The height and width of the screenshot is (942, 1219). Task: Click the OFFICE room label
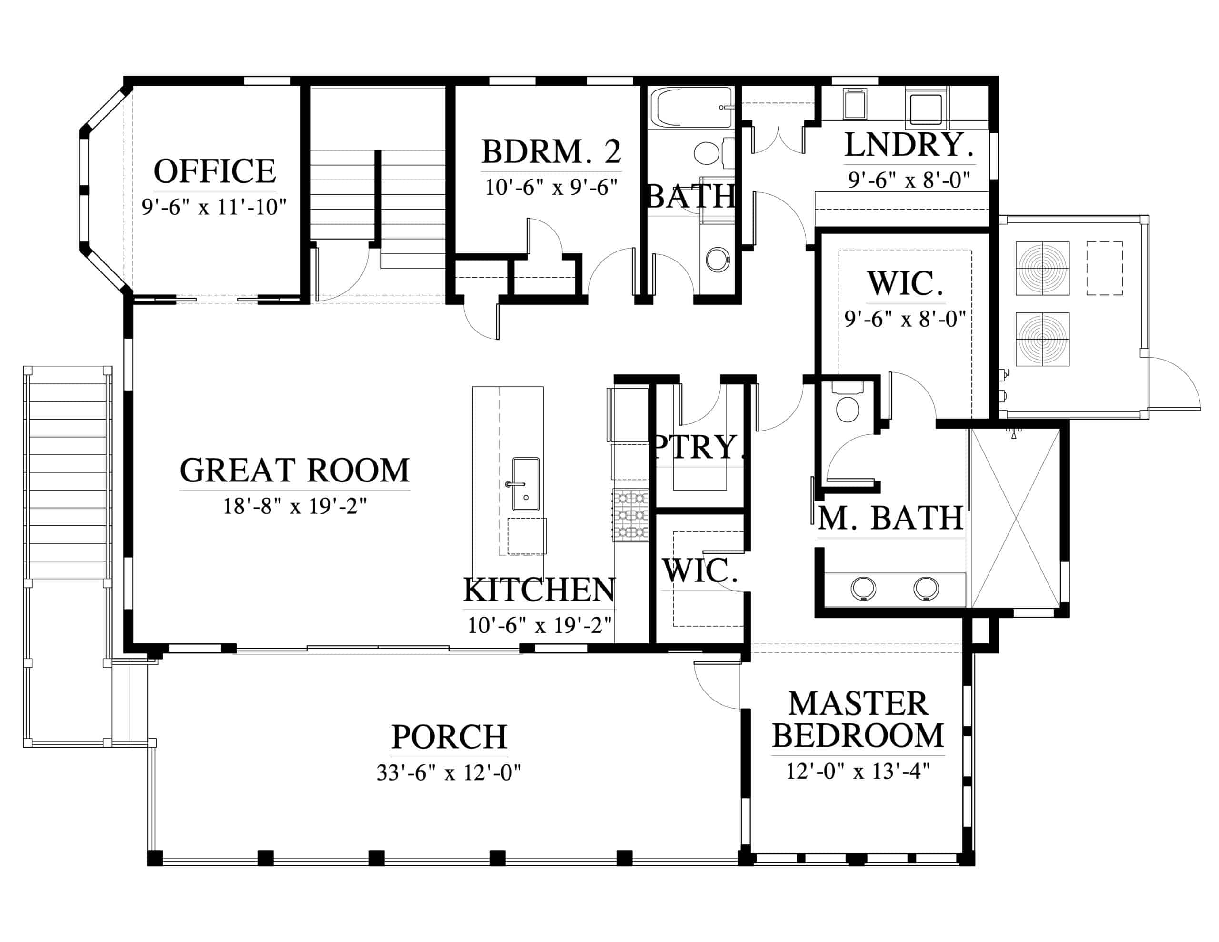[x=215, y=171]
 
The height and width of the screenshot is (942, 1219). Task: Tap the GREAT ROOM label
[x=295, y=470]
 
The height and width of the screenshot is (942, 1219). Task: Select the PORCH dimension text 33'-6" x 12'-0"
[x=449, y=773]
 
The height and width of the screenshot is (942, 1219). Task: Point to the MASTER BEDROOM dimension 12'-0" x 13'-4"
[x=858, y=771]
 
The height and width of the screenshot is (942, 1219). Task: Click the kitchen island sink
[x=526, y=484]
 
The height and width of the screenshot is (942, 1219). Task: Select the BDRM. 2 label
[x=551, y=151]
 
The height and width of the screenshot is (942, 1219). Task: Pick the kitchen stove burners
[x=631, y=515]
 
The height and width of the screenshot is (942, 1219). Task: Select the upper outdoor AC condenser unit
[x=1042, y=268]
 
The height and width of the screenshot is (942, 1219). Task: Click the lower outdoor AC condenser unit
[x=1042, y=339]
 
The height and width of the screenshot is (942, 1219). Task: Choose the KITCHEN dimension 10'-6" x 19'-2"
[x=539, y=625]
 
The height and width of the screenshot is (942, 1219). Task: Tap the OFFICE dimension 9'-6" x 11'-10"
[x=214, y=207]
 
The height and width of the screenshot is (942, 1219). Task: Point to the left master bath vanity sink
[x=863, y=588]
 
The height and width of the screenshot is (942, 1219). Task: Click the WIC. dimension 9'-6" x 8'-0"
[x=905, y=319]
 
